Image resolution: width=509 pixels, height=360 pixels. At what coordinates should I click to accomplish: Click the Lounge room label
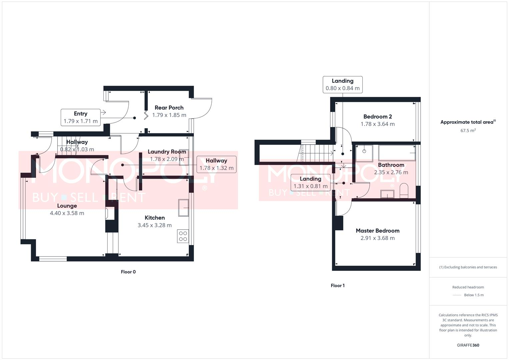click(x=67, y=206)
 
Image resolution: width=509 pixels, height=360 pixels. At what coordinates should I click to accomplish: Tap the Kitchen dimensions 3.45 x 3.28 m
click(x=155, y=225)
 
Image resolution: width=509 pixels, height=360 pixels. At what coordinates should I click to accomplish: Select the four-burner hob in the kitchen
click(x=183, y=236)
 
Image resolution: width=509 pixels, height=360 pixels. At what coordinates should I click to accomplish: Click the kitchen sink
click(x=183, y=208)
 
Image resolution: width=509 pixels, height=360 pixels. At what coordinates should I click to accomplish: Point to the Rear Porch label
click(x=169, y=108)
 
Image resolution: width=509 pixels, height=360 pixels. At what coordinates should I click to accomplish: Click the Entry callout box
click(x=81, y=117)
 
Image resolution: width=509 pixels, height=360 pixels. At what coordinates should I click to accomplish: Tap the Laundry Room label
click(x=167, y=152)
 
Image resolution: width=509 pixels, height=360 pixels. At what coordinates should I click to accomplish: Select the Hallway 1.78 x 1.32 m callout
click(x=216, y=164)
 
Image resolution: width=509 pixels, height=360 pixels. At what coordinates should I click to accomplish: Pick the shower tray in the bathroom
click(x=364, y=153)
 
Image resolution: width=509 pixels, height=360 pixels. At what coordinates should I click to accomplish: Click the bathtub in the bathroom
click(x=397, y=153)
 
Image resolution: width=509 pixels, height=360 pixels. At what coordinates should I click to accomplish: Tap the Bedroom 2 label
click(x=377, y=117)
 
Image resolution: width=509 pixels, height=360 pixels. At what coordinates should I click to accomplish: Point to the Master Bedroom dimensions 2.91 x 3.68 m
click(x=377, y=238)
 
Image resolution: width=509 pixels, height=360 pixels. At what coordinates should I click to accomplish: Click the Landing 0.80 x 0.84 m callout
click(x=342, y=85)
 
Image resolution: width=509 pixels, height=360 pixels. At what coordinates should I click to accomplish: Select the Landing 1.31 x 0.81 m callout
click(x=310, y=183)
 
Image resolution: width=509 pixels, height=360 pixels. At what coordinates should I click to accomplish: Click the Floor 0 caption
click(x=128, y=272)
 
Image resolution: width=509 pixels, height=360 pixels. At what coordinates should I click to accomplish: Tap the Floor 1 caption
click(x=338, y=286)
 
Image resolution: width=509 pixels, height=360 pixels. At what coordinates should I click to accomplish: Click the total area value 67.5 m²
click(x=468, y=131)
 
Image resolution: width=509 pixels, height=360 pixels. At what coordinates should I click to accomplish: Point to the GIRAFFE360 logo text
click(x=468, y=345)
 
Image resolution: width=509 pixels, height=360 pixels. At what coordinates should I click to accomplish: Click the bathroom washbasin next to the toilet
click(x=387, y=194)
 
